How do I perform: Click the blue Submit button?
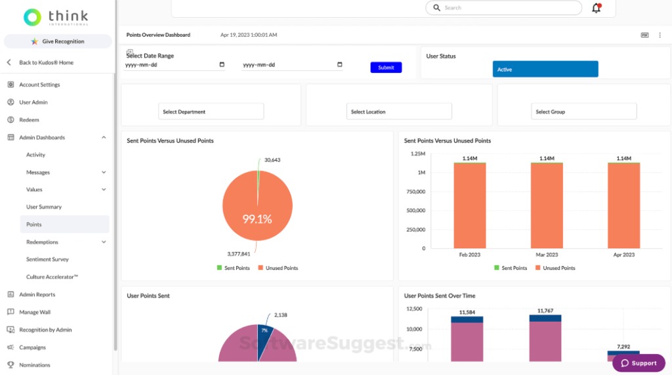point(386,68)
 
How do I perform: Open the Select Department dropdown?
point(211,112)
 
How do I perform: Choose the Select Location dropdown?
point(399,112)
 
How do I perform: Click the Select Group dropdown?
point(583,112)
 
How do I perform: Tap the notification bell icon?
point(596,8)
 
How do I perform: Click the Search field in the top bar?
point(503,8)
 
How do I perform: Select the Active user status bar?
point(545,69)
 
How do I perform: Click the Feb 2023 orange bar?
point(470,206)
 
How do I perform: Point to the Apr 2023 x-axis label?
point(623,254)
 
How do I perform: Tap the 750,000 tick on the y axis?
point(415,191)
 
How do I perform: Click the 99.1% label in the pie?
point(257,219)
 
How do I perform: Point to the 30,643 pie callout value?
point(272,160)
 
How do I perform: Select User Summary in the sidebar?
point(44,207)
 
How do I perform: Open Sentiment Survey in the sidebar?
point(47,259)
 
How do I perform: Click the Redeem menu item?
point(29,120)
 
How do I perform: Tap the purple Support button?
point(639,363)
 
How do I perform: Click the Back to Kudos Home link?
point(46,62)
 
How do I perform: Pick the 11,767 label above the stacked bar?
point(545,311)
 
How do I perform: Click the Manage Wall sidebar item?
point(34,312)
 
